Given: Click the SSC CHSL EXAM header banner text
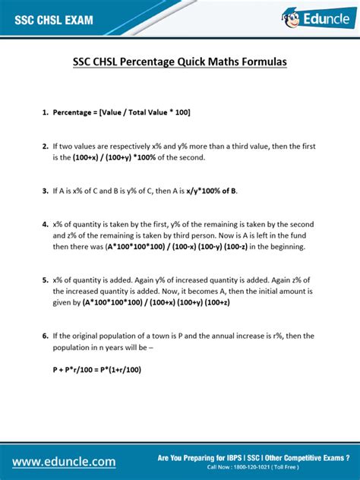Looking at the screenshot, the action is pos(54,21).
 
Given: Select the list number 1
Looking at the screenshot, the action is pos(45,112).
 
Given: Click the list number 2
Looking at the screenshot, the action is pos(45,146).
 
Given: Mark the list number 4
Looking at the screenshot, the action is pos(45,224).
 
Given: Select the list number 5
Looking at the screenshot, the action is pos(45,279).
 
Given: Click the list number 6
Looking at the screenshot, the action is pos(45,336).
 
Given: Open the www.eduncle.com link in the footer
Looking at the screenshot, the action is pos(64,461).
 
